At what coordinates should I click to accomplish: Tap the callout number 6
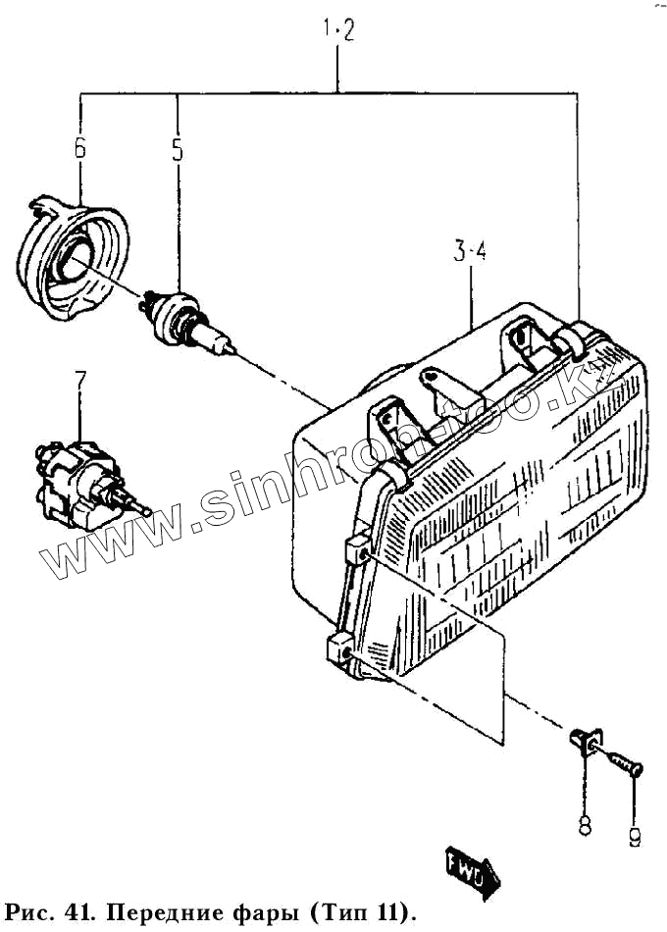tap(79, 149)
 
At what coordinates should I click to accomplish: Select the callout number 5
tap(178, 149)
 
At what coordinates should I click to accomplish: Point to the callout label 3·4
tap(471, 252)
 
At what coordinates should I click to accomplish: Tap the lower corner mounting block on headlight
tap(338, 650)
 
